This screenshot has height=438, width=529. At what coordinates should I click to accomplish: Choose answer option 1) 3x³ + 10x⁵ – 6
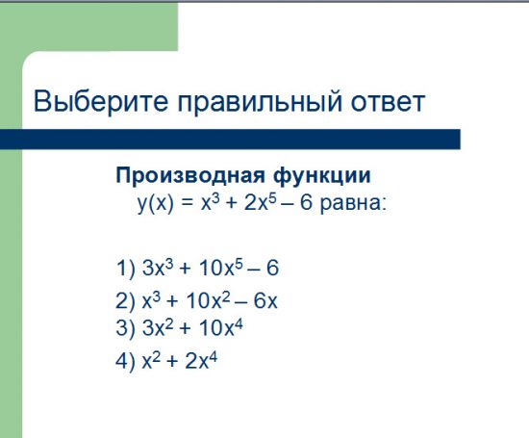(x=197, y=267)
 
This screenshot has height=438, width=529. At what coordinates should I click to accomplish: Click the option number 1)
(x=124, y=268)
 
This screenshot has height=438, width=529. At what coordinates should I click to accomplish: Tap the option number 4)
(x=124, y=363)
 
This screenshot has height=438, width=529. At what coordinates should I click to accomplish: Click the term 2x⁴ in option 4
(x=204, y=362)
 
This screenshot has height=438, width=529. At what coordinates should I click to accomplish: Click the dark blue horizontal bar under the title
(x=231, y=139)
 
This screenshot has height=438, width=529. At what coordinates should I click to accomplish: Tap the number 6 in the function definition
(x=307, y=204)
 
